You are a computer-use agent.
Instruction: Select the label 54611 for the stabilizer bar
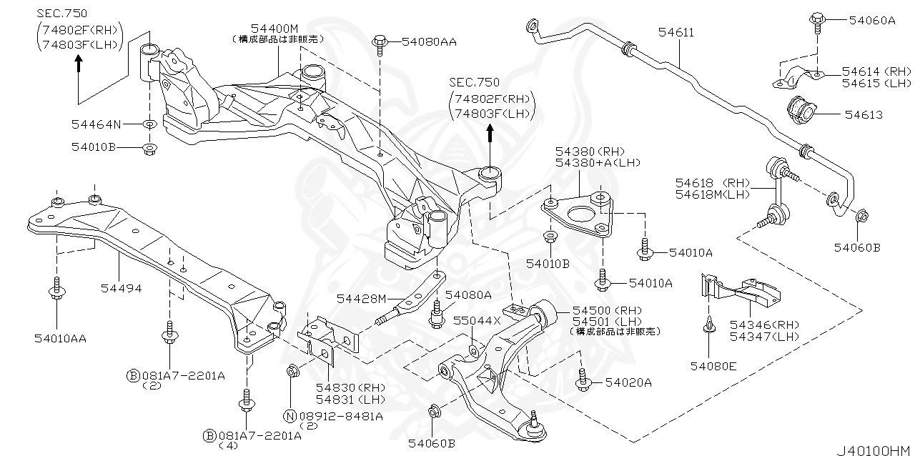(676, 33)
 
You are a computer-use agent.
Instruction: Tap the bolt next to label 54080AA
(379, 44)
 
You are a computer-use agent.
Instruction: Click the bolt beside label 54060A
(816, 21)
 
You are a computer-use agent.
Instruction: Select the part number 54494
(121, 289)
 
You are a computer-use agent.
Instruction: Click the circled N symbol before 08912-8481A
(290, 415)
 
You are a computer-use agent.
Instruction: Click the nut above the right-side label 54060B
(861, 215)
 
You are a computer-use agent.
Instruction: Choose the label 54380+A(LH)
(590, 163)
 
